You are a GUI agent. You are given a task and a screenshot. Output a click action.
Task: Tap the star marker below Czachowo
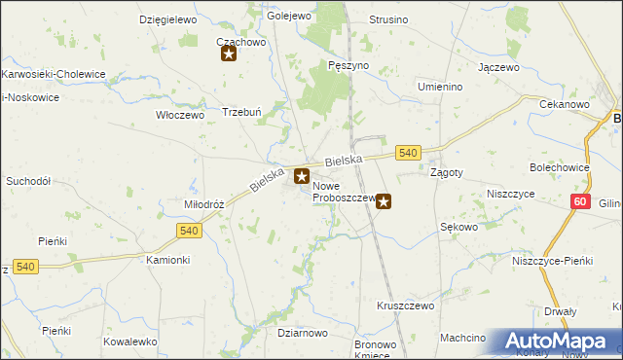coord(229,54)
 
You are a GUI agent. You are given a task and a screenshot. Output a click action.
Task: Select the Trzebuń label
coord(242,112)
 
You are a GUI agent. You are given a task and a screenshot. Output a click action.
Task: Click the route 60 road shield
coord(581,200)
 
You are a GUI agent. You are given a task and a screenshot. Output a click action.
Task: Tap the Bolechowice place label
coord(559,167)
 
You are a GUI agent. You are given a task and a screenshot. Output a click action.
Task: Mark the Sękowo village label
coord(459,227)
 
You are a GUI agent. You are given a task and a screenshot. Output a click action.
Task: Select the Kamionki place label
coord(167,261)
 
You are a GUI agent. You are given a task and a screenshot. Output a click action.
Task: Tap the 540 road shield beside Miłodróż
coord(190,230)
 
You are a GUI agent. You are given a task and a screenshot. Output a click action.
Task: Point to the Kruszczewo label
coord(405,306)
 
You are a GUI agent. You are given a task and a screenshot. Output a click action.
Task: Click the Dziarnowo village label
coord(302,333)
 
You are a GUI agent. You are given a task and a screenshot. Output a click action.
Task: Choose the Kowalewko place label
coord(130,342)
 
